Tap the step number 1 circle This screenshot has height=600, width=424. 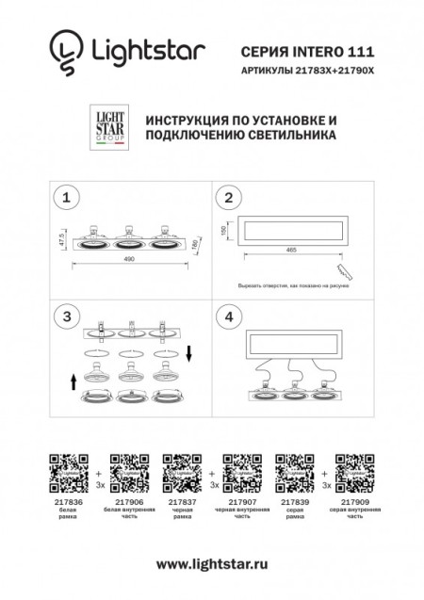[x=64, y=198]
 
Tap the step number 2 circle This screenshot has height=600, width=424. [x=228, y=198]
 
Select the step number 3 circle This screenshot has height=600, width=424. [x=64, y=317]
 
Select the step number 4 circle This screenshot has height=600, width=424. [x=228, y=317]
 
